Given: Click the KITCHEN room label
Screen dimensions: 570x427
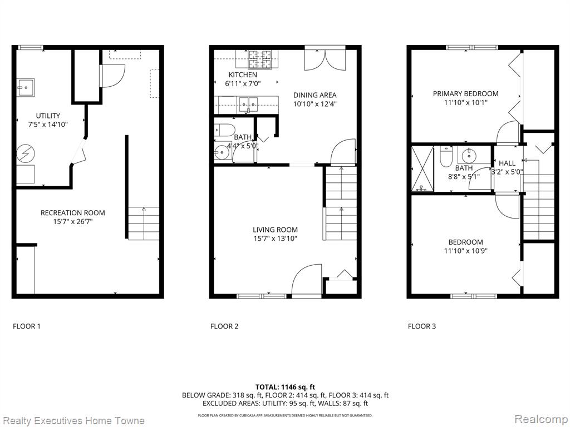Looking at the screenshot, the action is pyautogui.click(x=243, y=75).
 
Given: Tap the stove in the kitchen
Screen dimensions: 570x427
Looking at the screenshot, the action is pyautogui.click(x=259, y=59).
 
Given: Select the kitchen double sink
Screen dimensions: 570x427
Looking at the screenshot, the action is pyautogui.click(x=248, y=104).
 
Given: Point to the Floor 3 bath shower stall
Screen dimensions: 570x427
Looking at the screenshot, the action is pyautogui.click(x=422, y=169).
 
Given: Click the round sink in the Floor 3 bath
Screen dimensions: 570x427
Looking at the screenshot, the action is pyautogui.click(x=469, y=156).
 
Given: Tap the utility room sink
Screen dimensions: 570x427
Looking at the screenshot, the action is pyautogui.click(x=26, y=88).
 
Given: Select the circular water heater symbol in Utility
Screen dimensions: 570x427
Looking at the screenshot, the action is pyautogui.click(x=26, y=153).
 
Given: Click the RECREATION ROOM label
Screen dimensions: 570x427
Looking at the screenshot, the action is pyautogui.click(x=73, y=213).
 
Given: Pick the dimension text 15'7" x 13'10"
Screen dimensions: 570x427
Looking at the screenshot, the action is pyautogui.click(x=276, y=239).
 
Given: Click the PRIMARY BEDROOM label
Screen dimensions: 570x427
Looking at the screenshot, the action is pyautogui.click(x=466, y=93).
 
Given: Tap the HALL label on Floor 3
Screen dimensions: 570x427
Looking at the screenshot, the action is pyautogui.click(x=507, y=163).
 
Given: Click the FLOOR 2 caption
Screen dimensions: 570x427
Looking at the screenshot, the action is pyautogui.click(x=224, y=326).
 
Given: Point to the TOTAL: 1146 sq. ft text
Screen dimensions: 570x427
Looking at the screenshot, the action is pyautogui.click(x=282, y=387).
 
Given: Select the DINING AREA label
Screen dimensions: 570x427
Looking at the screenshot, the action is pyautogui.click(x=315, y=95).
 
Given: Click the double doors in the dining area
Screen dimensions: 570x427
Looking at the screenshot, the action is pyautogui.click(x=325, y=59).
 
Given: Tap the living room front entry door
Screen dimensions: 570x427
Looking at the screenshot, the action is pyautogui.click(x=307, y=281).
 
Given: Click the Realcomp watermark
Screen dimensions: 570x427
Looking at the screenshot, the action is pyautogui.click(x=541, y=419).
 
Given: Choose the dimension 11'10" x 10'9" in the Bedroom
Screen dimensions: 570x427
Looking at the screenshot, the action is pyautogui.click(x=466, y=251).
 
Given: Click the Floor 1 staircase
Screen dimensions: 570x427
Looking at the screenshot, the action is pyautogui.click(x=144, y=224).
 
